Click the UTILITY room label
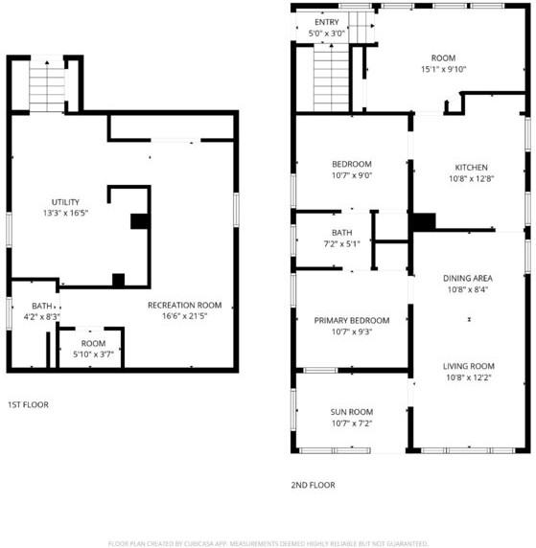[x=65, y=201]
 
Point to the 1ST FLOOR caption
[x=28, y=404]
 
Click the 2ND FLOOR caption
[x=313, y=485]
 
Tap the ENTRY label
[x=326, y=22]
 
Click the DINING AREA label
[x=468, y=279]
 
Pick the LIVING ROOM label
[x=468, y=366]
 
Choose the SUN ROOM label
[x=351, y=411]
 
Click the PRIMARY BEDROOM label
[x=351, y=320]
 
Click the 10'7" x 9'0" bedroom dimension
[x=351, y=176]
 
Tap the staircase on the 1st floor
[x=46, y=87]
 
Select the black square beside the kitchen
[x=422, y=221]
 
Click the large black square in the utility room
[x=140, y=221]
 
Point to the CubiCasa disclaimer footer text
[x=268, y=542]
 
